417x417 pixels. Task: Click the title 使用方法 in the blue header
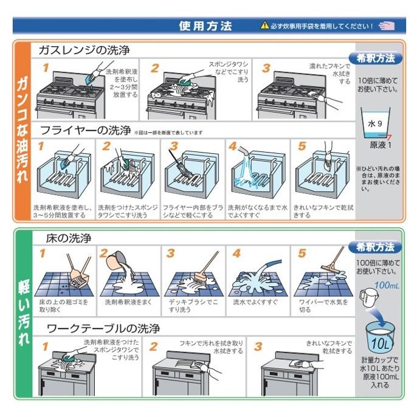[x=205, y=26]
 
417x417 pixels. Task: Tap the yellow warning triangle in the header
[x=264, y=26]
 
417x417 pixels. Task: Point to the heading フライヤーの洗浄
[x=85, y=130]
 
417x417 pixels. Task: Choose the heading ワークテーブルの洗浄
[x=103, y=328]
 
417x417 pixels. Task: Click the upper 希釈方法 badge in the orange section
[x=375, y=58]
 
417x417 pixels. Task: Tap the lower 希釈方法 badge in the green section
[x=375, y=247]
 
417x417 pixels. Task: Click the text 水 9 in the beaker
[x=375, y=123]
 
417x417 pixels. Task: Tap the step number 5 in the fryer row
[x=302, y=146]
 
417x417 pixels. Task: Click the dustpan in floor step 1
[x=78, y=281]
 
